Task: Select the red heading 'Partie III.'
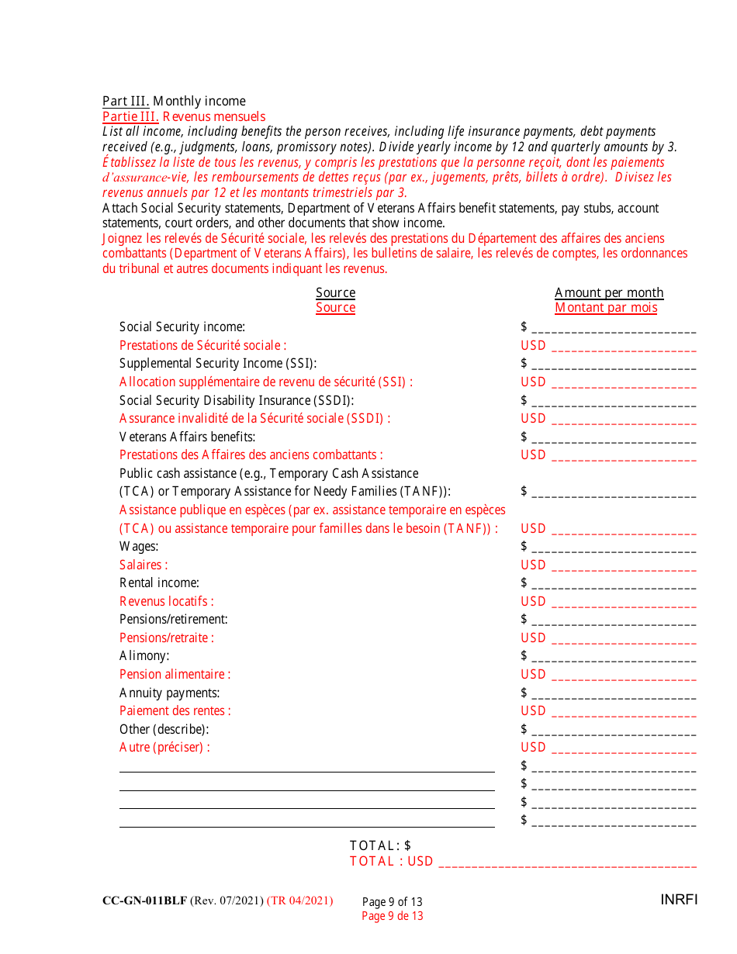coord(130,116)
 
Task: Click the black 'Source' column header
coord(335,292)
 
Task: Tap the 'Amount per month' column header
coord(609,292)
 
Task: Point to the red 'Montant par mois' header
coord(606,308)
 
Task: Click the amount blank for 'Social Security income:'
coord(614,329)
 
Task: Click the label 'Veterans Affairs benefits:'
coord(187,437)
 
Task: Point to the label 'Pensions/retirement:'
coord(173,619)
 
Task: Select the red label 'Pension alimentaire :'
coord(175,674)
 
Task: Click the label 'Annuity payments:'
coord(169,693)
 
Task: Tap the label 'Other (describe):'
coord(164,729)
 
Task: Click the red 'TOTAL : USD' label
coord(391,861)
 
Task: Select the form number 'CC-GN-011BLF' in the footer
coord(144,900)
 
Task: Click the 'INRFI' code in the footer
coord(679,900)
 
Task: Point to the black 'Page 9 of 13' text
coord(392,901)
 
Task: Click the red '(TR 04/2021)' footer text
coord(299,900)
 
